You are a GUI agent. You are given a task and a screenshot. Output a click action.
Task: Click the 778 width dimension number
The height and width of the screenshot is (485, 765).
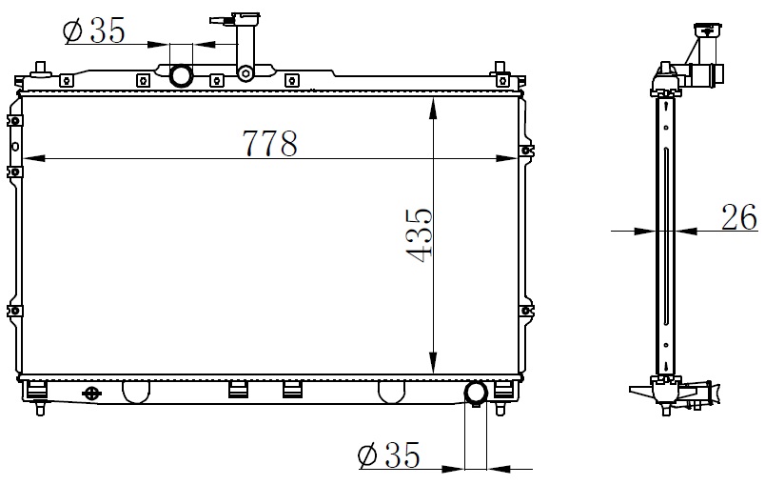pos(270,143)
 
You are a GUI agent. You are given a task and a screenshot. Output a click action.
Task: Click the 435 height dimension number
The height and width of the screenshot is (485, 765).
pos(419,235)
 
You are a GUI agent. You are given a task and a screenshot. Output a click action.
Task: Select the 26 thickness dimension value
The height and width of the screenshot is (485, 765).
pos(738,217)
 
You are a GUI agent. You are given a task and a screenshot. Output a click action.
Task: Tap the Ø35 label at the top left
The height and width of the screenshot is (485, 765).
pos(94,30)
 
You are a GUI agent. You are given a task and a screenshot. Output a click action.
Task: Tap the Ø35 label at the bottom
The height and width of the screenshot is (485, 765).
pos(389,455)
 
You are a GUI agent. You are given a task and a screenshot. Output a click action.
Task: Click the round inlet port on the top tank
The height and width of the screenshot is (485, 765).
pos(181,75)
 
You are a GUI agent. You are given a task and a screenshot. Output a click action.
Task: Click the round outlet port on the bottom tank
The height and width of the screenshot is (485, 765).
pos(476,394)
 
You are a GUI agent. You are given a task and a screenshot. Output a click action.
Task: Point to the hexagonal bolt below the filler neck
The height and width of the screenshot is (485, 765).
pos(245,73)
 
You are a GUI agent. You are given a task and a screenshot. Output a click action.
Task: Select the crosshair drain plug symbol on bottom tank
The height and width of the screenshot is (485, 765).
pos(91,394)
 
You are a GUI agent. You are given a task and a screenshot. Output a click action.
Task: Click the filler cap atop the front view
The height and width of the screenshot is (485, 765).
pos(235,20)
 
